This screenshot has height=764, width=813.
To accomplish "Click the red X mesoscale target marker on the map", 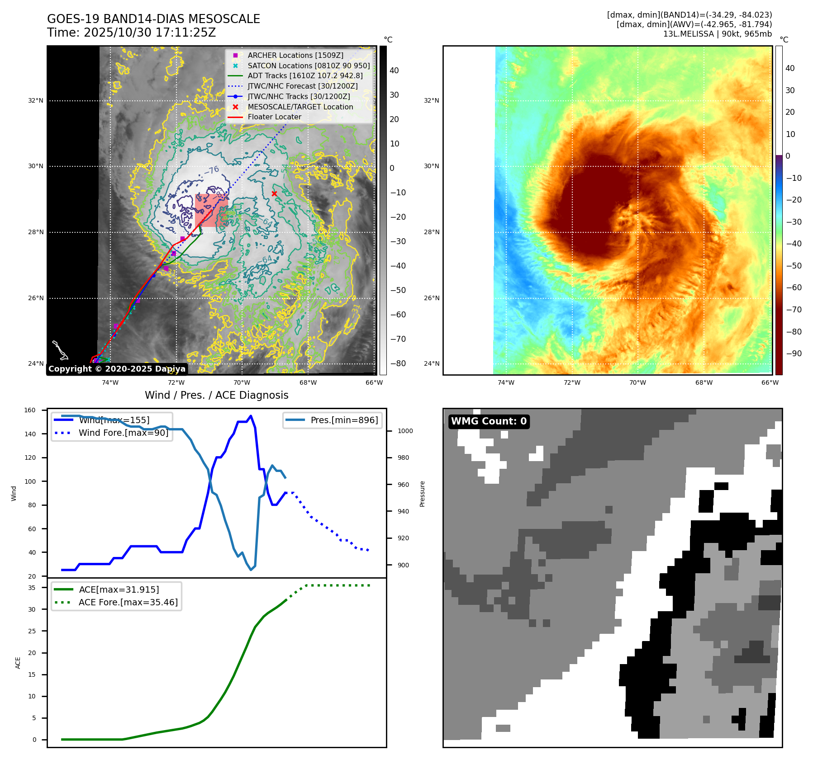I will pos(274,194).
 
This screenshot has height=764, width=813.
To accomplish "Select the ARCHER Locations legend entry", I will pos(295,55).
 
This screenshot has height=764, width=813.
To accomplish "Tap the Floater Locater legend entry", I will pos(274,117).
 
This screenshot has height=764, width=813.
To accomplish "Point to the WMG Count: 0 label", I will pos(489,421).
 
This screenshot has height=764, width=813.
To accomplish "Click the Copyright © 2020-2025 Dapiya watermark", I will pos(117,369).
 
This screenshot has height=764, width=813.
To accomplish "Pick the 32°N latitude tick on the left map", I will pos(36,100).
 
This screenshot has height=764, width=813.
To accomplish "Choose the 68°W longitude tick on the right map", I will pos(704,382).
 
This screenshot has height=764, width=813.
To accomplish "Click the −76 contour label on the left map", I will pos(211,170).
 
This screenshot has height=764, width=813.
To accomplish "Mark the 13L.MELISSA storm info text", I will pos(717,34).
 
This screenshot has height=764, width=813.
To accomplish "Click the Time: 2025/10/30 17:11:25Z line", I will pos(131,33).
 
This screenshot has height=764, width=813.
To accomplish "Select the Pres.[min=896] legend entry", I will pos(344,420).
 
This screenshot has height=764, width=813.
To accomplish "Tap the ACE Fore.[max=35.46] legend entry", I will pos(128,602).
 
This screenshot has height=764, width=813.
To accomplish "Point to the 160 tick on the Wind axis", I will pos(30,410).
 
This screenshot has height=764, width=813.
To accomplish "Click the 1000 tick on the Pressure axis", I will pos(405,431).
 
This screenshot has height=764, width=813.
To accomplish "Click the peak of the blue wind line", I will pos(251,416).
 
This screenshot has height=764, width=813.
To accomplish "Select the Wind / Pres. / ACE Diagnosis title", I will pos(216,395).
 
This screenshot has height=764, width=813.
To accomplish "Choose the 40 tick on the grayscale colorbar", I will pos(394,71).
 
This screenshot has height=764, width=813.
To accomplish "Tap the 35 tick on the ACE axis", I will pos(32,588).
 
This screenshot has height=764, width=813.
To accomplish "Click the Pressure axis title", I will pos(422,494).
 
